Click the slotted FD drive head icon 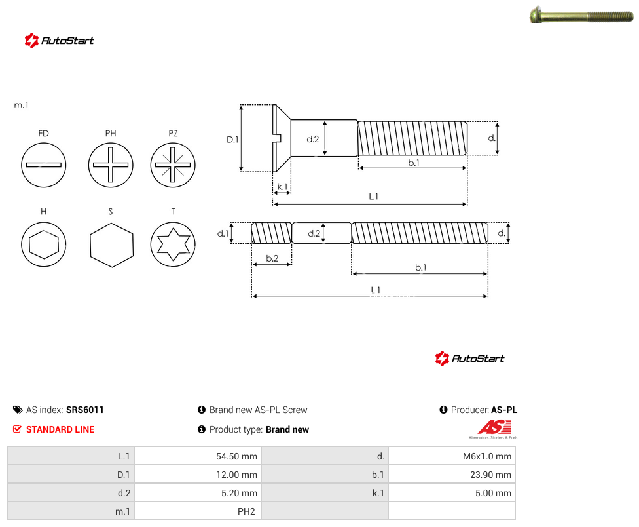coord(44,165)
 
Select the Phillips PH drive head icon coord(111,165)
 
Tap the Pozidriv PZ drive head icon coord(173,165)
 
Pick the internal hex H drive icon coord(44,244)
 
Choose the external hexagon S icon coord(111,244)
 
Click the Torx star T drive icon coord(173,244)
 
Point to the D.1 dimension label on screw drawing coord(232,140)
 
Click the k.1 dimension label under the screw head coord(282,186)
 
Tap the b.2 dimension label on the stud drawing coord(272,258)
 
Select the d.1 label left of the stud coord(223,233)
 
